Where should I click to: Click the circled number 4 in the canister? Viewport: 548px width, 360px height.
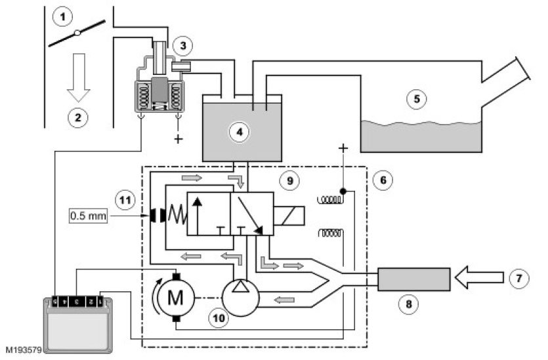click(x=240, y=131)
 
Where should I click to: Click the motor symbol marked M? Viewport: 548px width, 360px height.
click(x=175, y=298)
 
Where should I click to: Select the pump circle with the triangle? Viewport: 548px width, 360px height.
click(x=240, y=296)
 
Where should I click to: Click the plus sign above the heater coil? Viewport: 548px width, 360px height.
click(x=341, y=149)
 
